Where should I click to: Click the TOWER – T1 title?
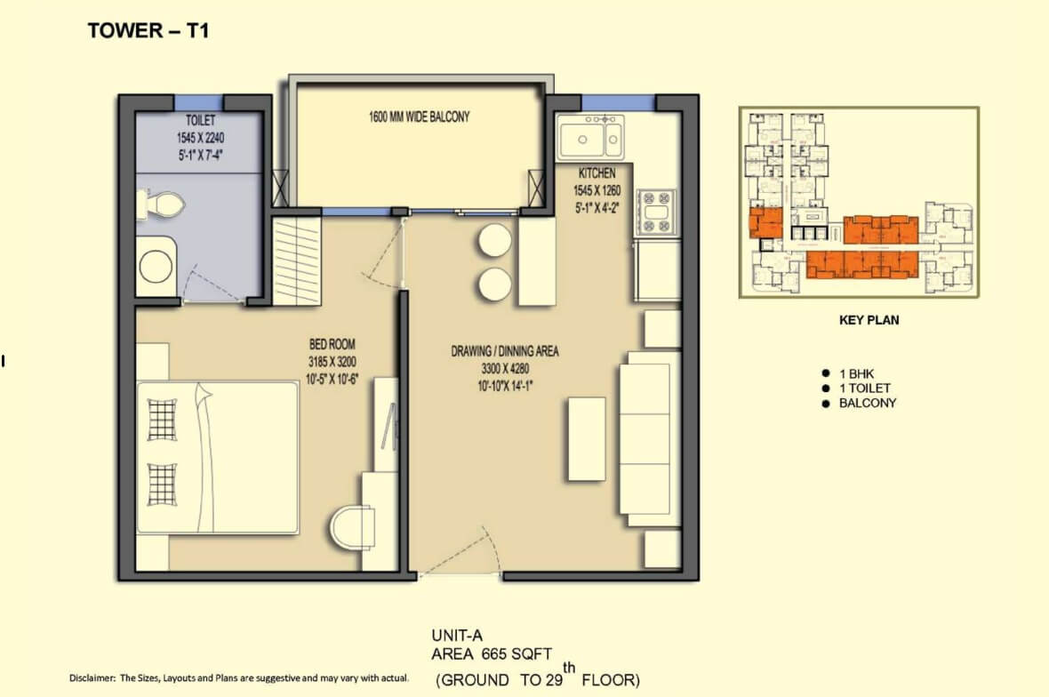pos(148,31)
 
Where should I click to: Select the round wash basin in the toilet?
pos(156,266)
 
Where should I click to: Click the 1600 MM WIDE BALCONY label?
pos(420,117)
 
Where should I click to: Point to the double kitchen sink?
pos(590,138)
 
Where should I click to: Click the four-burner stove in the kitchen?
pos(656,212)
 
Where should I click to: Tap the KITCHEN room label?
pos(597,172)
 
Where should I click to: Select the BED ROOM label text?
pos(332,344)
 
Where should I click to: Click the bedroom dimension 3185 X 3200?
pos(332,362)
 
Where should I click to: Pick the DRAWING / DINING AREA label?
pos(504,351)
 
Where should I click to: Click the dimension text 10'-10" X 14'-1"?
pos(505,386)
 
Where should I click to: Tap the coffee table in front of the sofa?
pos(587,439)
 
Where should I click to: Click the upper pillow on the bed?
pos(162,420)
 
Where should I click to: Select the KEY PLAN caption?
pos(869,320)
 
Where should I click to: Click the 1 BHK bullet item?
pos(856,374)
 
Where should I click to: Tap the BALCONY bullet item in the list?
pos(868,404)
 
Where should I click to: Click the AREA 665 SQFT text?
pos(492,654)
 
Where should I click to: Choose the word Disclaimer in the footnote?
pos(92,678)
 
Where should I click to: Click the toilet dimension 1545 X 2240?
pos(200,138)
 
